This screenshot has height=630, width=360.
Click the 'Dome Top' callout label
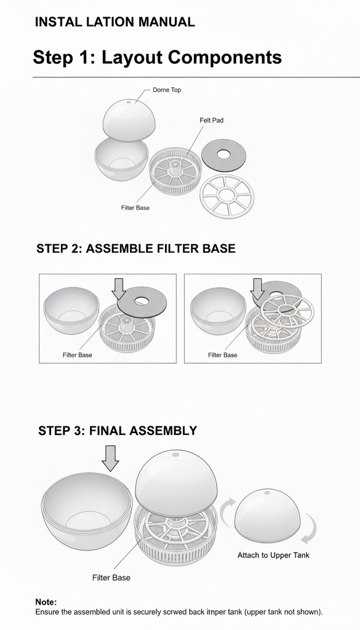[167, 90]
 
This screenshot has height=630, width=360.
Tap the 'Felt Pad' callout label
[211, 120]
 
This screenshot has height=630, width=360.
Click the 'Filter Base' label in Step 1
[135, 208]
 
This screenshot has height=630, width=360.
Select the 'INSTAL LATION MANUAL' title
[115, 22]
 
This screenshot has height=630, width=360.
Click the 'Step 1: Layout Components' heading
[157, 57]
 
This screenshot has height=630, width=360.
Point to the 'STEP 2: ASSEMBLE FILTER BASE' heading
[136, 249]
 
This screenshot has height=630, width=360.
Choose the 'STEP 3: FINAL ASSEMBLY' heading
[118, 431]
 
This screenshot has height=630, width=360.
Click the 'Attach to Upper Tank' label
[273, 556]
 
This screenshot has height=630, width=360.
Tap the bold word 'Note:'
[46, 602]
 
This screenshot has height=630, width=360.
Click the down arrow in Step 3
[110, 458]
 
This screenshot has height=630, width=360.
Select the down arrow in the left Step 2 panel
[119, 289]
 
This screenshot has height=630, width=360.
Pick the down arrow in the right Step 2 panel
[257, 289]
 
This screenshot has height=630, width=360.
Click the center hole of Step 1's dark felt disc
[224, 154]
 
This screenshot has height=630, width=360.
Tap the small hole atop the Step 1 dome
[129, 102]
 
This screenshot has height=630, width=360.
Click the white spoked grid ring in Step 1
[227, 196]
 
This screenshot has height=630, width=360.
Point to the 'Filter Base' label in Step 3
[111, 578]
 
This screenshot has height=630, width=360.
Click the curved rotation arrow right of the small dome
[310, 528]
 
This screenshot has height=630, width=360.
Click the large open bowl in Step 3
[87, 511]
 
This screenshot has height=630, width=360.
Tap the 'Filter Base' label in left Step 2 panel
[77, 355]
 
